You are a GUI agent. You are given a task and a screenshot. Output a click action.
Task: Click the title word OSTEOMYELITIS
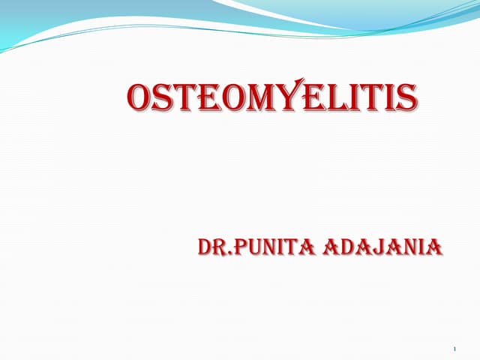(x=271, y=98)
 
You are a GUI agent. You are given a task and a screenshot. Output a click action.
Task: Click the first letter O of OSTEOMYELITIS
(x=141, y=99)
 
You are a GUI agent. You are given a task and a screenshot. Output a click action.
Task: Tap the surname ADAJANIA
(x=382, y=247)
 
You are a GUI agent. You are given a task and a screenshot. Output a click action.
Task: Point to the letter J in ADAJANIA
(x=381, y=247)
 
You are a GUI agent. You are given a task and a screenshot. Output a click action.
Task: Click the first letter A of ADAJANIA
(x=330, y=247)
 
